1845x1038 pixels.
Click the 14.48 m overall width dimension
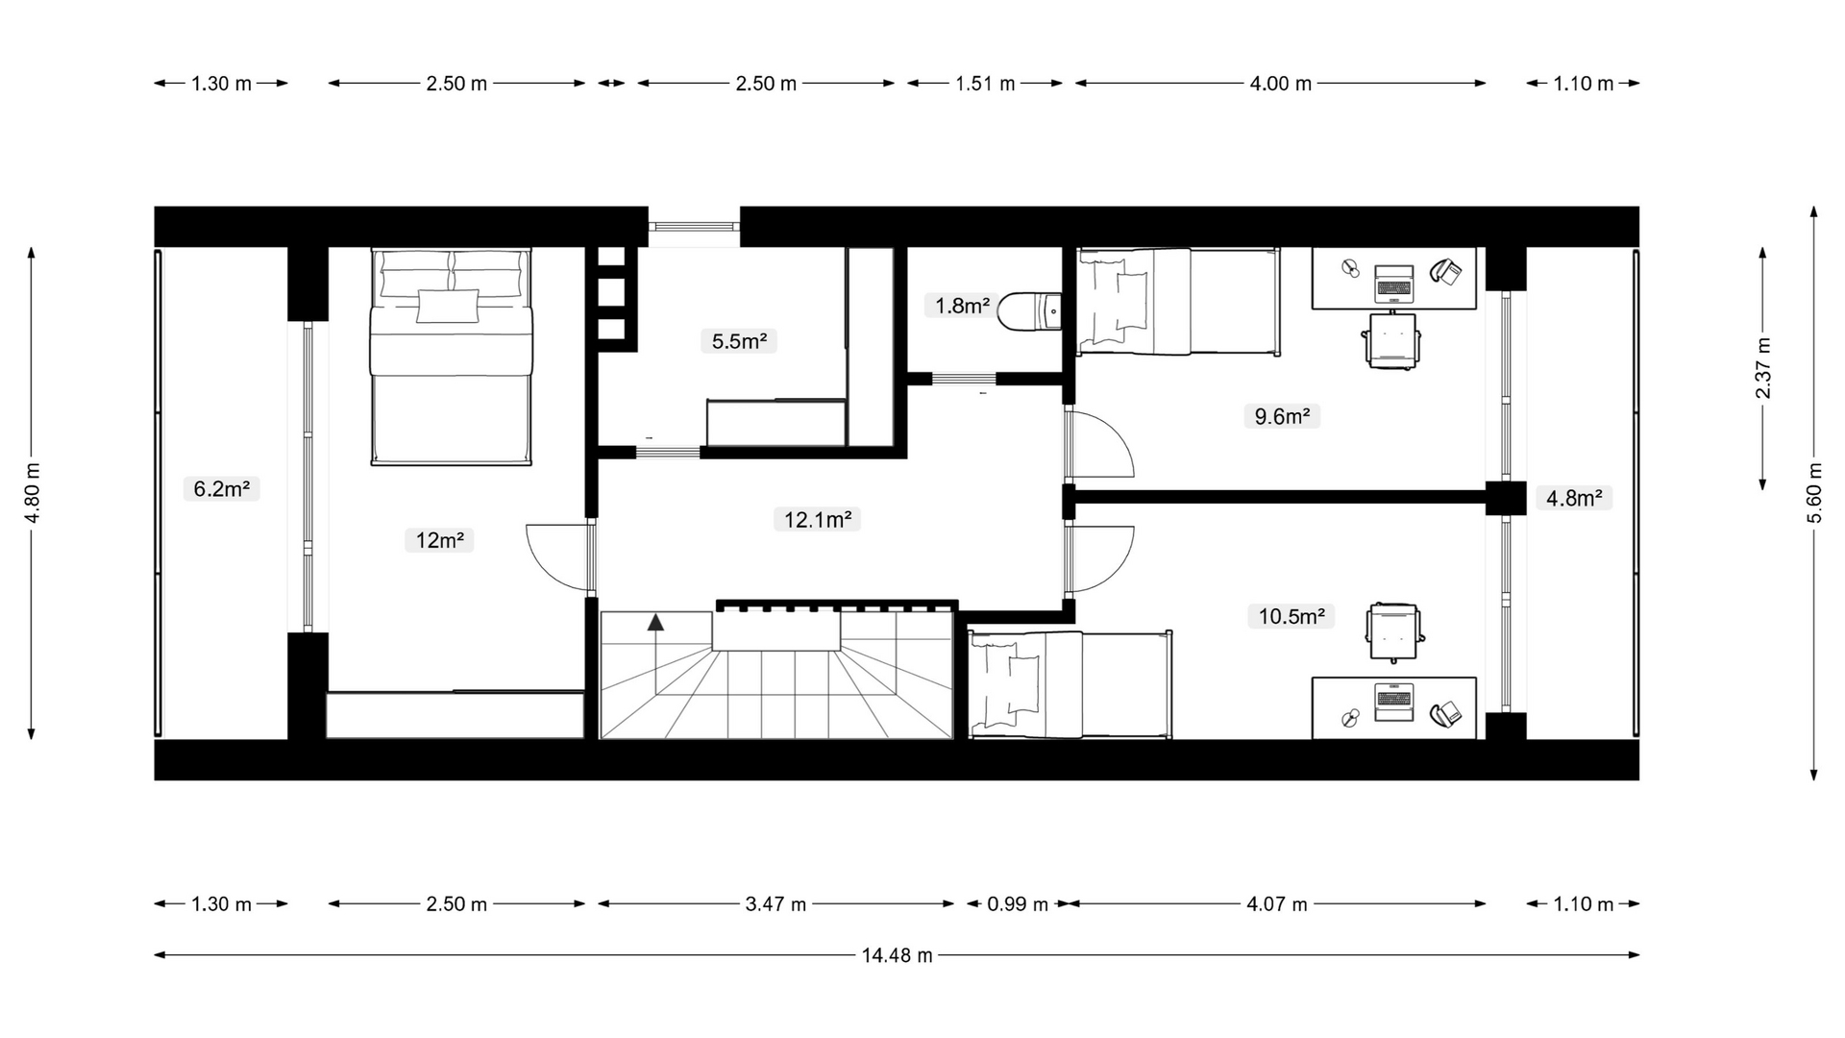pyautogui.click(x=897, y=955)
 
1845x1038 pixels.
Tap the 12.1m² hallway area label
pyautogui.click(x=817, y=520)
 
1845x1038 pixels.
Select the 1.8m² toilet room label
pyautogui.click(x=962, y=306)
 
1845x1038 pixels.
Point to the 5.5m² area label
pyautogui.click(x=739, y=341)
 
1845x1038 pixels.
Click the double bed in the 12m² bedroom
pyautogui.click(x=451, y=357)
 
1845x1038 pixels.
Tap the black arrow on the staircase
pyautogui.click(x=655, y=622)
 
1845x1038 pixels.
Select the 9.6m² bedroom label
pyautogui.click(x=1282, y=416)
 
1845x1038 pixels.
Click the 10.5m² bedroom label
pyautogui.click(x=1291, y=616)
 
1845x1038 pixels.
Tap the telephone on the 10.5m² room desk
pyautogui.click(x=1445, y=713)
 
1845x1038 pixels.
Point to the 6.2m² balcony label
pyautogui.click(x=222, y=489)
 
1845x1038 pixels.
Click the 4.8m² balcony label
pyautogui.click(x=1574, y=498)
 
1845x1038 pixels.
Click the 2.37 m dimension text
pyautogui.click(x=1763, y=368)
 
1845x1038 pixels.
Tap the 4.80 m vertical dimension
pyautogui.click(x=32, y=493)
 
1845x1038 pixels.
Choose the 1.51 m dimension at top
pyautogui.click(x=985, y=84)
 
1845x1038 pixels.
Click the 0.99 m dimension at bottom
pyautogui.click(x=1018, y=904)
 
